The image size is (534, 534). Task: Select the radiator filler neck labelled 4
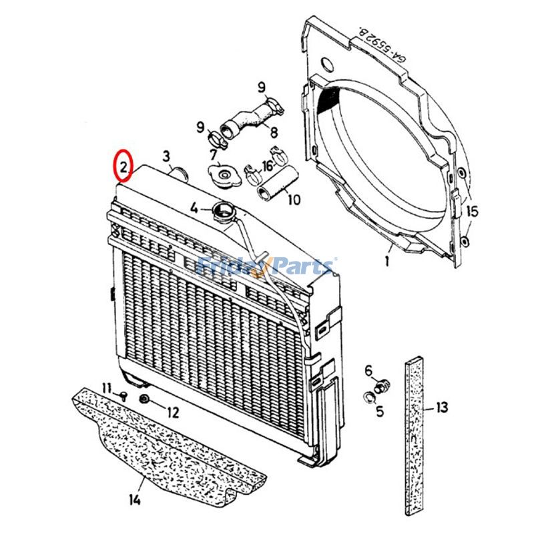pyautogui.click(x=222, y=213)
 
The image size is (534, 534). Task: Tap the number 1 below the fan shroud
pyautogui.click(x=387, y=261)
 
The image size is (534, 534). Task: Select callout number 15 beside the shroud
pyautogui.click(x=473, y=212)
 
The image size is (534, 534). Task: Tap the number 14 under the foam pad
pyautogui.click(x=136, y=500)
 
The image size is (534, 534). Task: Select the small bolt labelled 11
pyautogui.click(x=124, y=396)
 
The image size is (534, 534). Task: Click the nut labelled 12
pyautogui.click(x=144, y=400)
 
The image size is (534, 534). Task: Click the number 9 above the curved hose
pyautogui.click(x=262, y=87)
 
